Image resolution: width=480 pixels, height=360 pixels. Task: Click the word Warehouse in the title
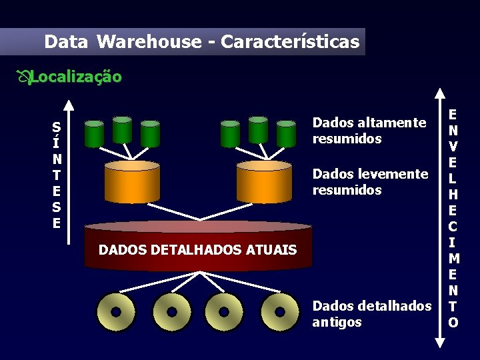pyautogui.click(x=149, y=42)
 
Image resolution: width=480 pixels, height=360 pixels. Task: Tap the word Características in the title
pyautogui.click(x=290, y=42)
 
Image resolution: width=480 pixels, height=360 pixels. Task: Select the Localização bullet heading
pyautogui.click(x=75, y=77)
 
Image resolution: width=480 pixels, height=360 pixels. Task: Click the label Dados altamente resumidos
pyautogui.click(x=369, y=131)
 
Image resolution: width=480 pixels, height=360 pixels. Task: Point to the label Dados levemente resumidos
pyautogui.click(x=370, y=182)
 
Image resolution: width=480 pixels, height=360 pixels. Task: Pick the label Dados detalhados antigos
pyautogui.click(x=371, y=314)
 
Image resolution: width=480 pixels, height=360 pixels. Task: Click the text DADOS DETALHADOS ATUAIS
pyautogui.click(x=197, y=250)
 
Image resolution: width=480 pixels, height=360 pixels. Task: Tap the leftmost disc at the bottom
pyautogui.click(x=115, y=312)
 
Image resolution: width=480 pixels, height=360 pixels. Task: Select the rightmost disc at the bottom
pyautogui.click(x=280, y=312)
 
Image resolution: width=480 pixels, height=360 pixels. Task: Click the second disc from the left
pyautogui.click(x=171, y=312)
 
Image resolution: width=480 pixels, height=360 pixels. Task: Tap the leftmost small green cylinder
pyautogui.click(x=95, y=133)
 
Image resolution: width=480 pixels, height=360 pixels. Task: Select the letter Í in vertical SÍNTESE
pyautogui.click(x=57, y=143)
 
